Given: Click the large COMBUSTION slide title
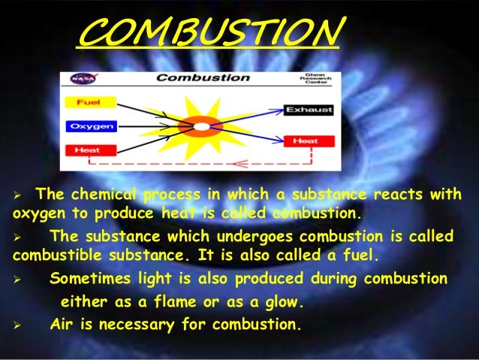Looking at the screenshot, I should [x=209, y=32].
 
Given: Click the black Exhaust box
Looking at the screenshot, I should [x=307, y=110].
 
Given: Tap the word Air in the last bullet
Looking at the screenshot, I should [x=63, y=325].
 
